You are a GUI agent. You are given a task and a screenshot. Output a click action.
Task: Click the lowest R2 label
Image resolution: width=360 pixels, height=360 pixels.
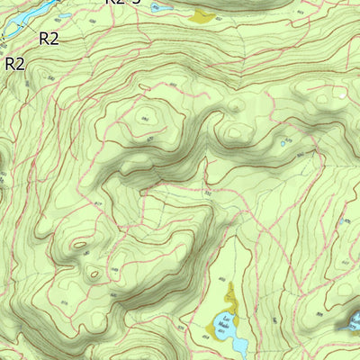(x=15, y=64)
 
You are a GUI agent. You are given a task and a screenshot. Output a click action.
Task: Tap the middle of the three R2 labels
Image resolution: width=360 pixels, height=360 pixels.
(x=49, y=38)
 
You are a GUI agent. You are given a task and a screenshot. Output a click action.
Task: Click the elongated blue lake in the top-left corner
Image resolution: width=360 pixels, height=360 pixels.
(x=27, y=12)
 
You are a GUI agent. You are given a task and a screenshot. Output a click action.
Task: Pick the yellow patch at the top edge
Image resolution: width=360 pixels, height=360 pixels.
(x=202, y=15)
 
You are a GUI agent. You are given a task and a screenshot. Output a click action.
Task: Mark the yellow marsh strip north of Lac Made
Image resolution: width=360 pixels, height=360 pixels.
(x=231, y=293)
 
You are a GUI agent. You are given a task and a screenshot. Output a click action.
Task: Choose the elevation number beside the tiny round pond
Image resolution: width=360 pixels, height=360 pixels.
(x=300, y=155)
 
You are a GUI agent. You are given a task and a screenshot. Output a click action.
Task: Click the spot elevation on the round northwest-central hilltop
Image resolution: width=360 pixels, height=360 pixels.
(x=144, y=117)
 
